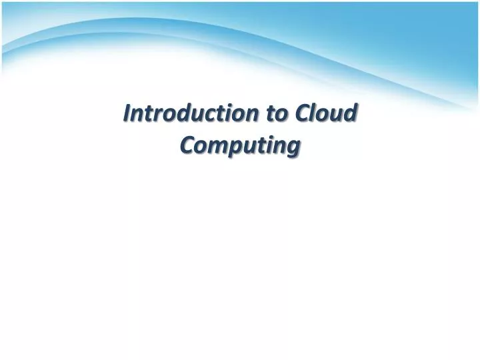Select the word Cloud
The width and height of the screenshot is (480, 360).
click(327, 114)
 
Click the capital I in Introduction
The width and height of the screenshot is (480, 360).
click(127, 114)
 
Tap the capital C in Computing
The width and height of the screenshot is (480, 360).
click(187, 145)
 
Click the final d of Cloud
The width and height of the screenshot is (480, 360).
click(351, 114)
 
